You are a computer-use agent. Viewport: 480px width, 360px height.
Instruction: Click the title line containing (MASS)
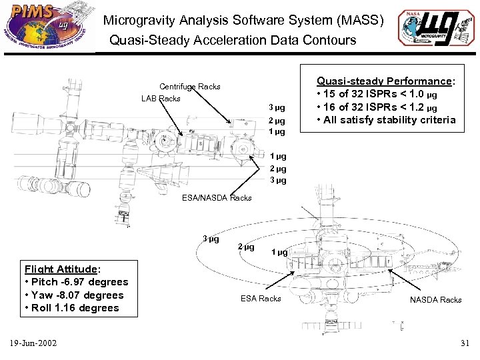point(243,21)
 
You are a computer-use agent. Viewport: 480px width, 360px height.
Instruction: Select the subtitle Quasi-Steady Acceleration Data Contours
point(233,41)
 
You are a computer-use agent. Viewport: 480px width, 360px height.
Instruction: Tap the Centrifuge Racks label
point(189,87)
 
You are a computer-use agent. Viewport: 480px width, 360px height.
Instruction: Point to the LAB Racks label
point(161,99)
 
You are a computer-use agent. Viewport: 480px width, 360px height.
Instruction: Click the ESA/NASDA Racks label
point(217,198)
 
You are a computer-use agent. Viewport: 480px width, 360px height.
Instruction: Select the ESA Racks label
point(260,299)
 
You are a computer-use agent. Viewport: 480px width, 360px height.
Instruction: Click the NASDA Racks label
point(436,300)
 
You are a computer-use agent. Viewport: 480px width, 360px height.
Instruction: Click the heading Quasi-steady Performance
point(386,81)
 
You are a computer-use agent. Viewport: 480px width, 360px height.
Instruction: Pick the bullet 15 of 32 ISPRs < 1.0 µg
point(380,94)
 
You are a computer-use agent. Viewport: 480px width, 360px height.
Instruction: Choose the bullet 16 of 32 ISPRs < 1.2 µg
point(380,107)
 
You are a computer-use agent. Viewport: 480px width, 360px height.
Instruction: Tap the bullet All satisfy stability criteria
point(386,120)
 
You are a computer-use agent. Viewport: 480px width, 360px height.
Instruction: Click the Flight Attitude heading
point(62,269)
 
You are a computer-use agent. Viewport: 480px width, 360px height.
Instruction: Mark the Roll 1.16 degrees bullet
point(71,308)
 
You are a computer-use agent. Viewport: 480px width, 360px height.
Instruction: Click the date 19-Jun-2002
point(33,343)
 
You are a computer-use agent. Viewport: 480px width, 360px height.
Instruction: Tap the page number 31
point(464,343)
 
